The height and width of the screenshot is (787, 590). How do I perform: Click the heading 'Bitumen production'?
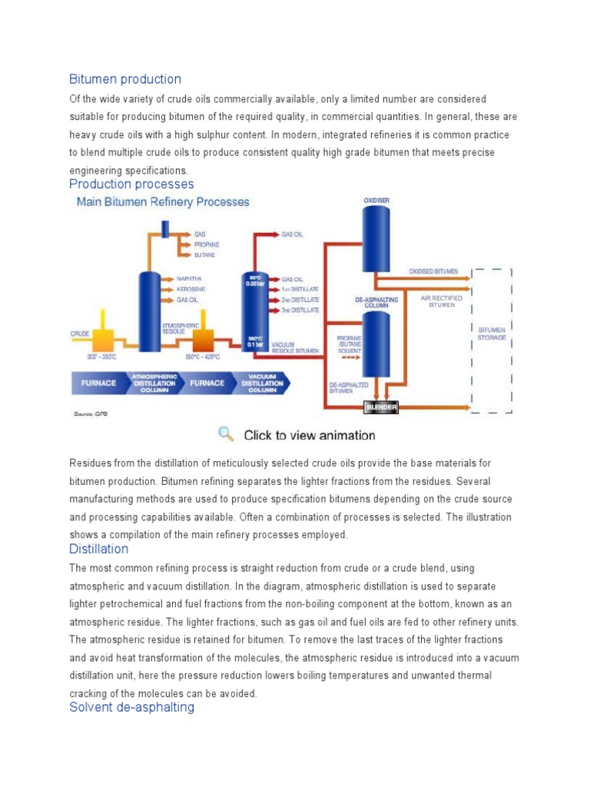tap(125, 79)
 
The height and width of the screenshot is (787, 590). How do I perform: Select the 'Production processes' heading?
tap(131, 184)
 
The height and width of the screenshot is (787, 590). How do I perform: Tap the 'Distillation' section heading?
tap(98, 550)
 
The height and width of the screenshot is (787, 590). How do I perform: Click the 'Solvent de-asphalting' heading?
tap(131, 707)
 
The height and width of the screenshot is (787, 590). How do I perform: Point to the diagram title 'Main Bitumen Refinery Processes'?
tap(162, 202)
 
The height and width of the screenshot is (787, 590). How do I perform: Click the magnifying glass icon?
tap(225, 434)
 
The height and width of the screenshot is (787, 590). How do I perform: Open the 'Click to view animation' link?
tap(310, 435)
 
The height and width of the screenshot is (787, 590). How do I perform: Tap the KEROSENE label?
tap(191, 289)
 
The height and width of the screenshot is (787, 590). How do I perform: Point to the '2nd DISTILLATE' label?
tap(300, 300)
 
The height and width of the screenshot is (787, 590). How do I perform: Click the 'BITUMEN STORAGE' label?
tap(492, 334)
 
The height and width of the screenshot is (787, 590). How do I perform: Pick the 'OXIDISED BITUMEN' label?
tap(433, 271)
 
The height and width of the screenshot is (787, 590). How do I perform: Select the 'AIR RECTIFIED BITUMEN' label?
tap(442, 301)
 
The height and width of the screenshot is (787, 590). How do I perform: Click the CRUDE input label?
tap(81, 334)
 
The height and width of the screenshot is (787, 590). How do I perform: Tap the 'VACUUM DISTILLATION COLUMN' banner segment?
tap(262, 383)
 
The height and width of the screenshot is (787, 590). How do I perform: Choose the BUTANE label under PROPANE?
tap(204, 254)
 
